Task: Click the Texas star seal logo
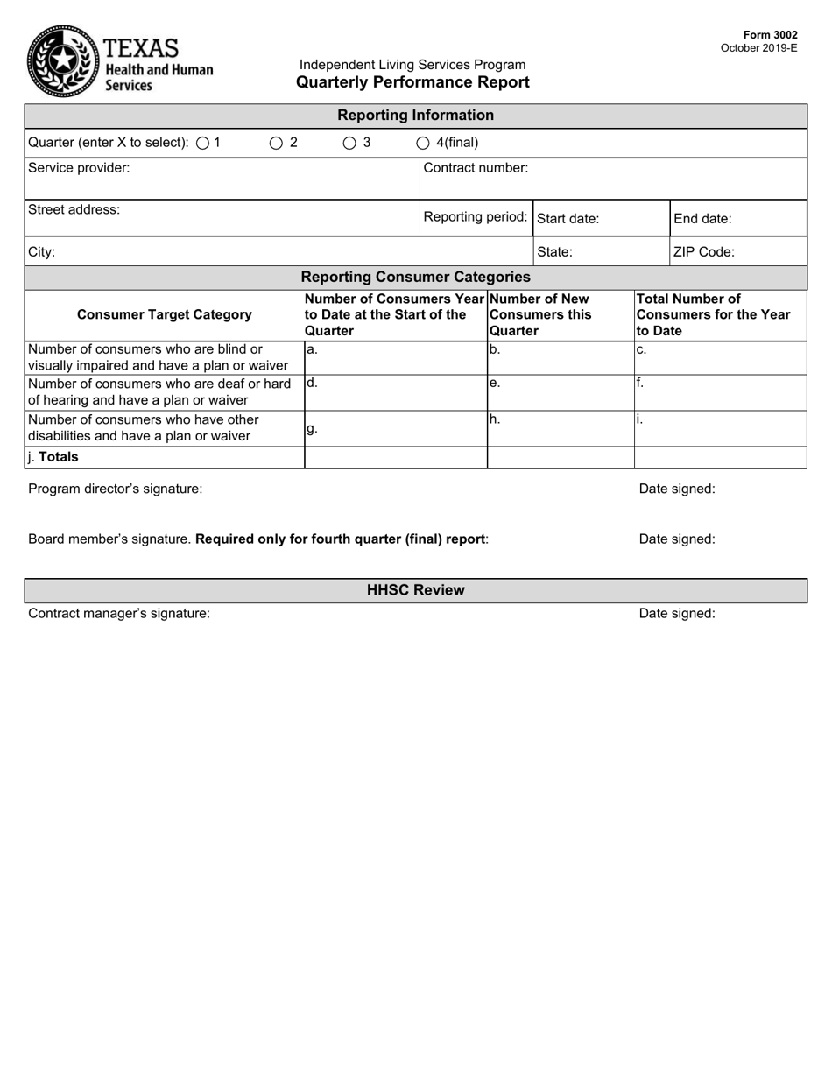click(62, 60)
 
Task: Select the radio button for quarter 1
click(203, 143)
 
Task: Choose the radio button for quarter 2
click(276, 143)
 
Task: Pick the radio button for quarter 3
click(349, 143)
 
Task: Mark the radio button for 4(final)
click(422, 143)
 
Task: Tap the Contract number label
click(476, 168)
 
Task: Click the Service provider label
click(79, 168)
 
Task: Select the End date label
click(702, 219)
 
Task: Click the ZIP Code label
click(703, 252)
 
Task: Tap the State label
click(554, 252)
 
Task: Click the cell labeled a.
click(395, 357)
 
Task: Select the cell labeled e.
click(561, 392)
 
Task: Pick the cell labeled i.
click(720, 428)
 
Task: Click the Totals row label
click(53, 457)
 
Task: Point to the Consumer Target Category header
click(165, 314)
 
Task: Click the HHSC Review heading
click(415, 590)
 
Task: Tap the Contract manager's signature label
click(119, 614)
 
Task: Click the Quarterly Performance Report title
click(412, 82)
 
